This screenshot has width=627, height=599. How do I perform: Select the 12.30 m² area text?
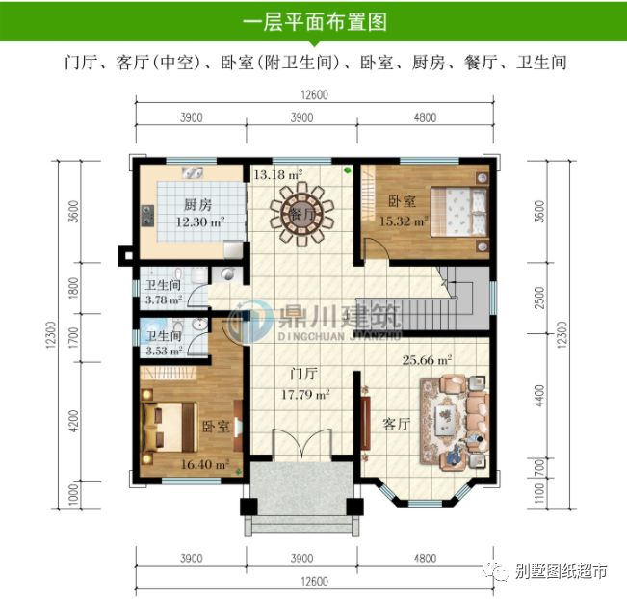coord(200,221)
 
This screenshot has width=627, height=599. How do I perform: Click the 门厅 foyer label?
coord(303,375)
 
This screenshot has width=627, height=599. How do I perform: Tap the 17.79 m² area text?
coord(305,393)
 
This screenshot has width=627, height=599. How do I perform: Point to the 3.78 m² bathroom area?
coord(163,299)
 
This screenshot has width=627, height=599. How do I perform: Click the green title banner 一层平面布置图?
coord(314,20)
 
